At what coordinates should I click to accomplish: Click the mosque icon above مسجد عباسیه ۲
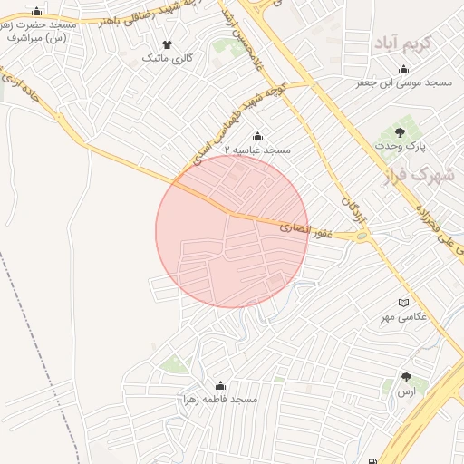(257, 137)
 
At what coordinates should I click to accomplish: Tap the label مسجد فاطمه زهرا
(220, 399)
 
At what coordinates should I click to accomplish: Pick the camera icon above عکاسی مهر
(403, 302)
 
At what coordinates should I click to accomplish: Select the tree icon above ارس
(405, 378)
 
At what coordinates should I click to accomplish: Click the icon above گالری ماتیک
(168, 44)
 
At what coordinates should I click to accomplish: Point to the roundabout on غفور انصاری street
(362, 237)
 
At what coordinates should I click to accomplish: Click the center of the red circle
(231, 231)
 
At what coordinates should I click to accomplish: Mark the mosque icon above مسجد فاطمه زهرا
(220, 385)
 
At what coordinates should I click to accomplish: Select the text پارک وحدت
(404, 145)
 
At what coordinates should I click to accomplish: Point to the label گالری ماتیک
(169, 58)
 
